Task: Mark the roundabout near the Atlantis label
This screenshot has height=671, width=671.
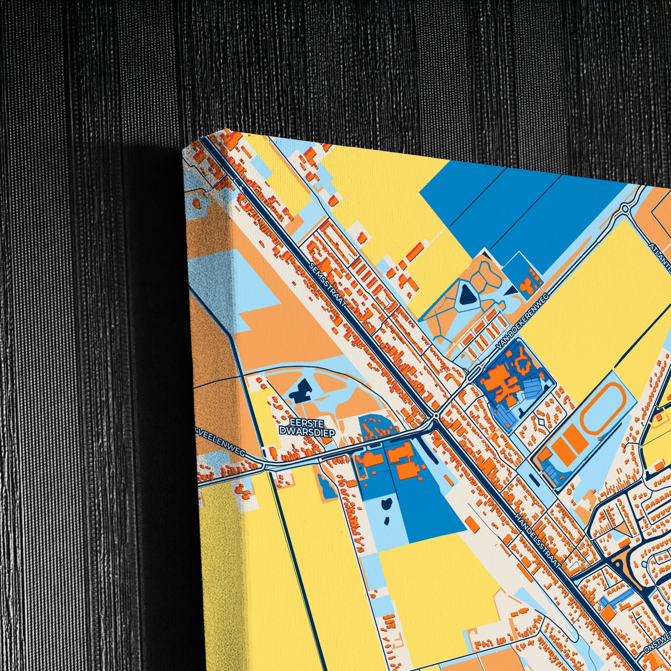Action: point(625,209)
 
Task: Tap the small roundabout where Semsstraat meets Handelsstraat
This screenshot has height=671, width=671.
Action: point(436,415)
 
